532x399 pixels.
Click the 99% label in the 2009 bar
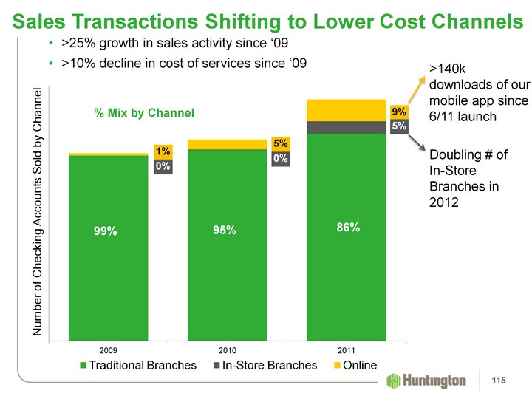click(105, 231)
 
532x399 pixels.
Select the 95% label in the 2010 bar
click(225, 231)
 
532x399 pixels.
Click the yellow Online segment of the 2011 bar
click(347, 109)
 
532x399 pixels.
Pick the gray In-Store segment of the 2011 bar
click(347, 127)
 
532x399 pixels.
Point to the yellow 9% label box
click(399, 112)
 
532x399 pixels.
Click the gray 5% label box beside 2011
click(399, 126)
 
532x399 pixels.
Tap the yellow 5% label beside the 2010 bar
click(280, 143)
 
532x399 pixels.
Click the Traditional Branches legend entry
click(138, 365)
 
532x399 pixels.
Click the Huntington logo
click(427, 381)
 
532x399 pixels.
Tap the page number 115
click(507, 381)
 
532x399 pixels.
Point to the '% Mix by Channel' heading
click(143, 113)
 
